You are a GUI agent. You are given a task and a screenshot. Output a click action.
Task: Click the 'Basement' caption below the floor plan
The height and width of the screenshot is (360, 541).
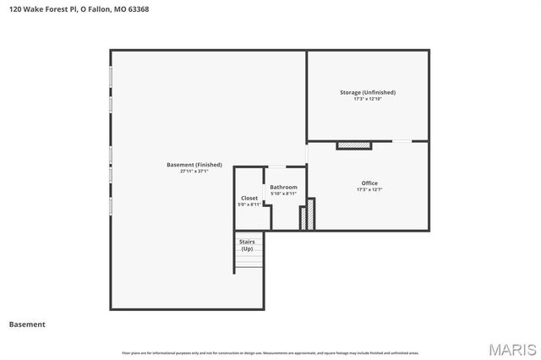27,325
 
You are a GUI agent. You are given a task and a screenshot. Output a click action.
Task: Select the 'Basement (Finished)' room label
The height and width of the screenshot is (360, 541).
194,165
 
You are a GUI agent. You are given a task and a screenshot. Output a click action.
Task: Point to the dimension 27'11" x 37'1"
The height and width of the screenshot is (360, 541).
194,172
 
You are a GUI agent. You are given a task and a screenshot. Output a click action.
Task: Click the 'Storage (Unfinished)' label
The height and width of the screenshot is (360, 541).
368,92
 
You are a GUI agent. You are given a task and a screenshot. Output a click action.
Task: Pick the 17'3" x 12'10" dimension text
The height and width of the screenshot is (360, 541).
368,99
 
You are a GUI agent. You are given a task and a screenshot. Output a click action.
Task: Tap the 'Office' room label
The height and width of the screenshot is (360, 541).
369,183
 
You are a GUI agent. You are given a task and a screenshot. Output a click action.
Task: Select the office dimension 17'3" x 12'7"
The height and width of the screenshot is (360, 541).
369,189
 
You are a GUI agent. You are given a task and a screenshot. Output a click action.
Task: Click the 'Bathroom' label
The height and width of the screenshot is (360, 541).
283,187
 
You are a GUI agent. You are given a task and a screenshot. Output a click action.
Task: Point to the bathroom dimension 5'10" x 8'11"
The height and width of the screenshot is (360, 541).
283,194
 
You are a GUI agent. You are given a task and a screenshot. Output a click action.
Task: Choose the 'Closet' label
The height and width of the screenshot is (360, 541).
249,198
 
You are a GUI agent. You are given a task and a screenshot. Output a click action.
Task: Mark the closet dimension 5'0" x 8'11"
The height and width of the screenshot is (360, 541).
249,205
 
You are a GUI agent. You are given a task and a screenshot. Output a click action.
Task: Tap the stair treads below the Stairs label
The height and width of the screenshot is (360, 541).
249,263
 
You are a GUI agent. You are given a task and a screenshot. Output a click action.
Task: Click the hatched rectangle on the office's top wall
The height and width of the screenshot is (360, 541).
354,145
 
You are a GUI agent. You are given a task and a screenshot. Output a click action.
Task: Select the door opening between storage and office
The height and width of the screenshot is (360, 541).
402,141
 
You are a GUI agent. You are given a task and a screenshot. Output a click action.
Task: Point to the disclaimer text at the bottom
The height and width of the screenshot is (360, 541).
270,352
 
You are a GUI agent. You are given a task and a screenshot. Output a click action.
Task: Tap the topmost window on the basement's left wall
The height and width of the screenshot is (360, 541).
111,76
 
